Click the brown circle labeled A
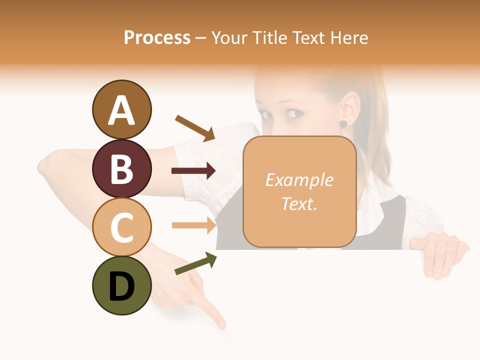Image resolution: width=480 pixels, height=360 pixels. pyautogui.click(x=122, y=109)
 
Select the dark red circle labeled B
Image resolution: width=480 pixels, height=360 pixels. pyautogui.click(x=122, y=168)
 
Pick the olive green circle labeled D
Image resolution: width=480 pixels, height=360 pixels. pyautogui.click(x=122, y=286)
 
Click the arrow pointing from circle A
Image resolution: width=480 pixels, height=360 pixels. pyautogui.click(x=195, y=128)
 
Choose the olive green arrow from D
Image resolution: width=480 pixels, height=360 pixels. pyautogui.click(x=196, y=263)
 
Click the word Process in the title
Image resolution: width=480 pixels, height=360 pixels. pyautogui.click(x=157, y=37)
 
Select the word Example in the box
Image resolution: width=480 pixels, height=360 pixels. pyautogui.click(x=299, y=180)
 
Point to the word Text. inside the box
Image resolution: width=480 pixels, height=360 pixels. pyautogui.click(x=299, y=203)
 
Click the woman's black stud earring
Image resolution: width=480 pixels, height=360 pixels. pyautogui.click(x=343, y=123)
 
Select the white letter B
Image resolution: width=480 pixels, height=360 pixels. pyautogui.click(x=122, y=169)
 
